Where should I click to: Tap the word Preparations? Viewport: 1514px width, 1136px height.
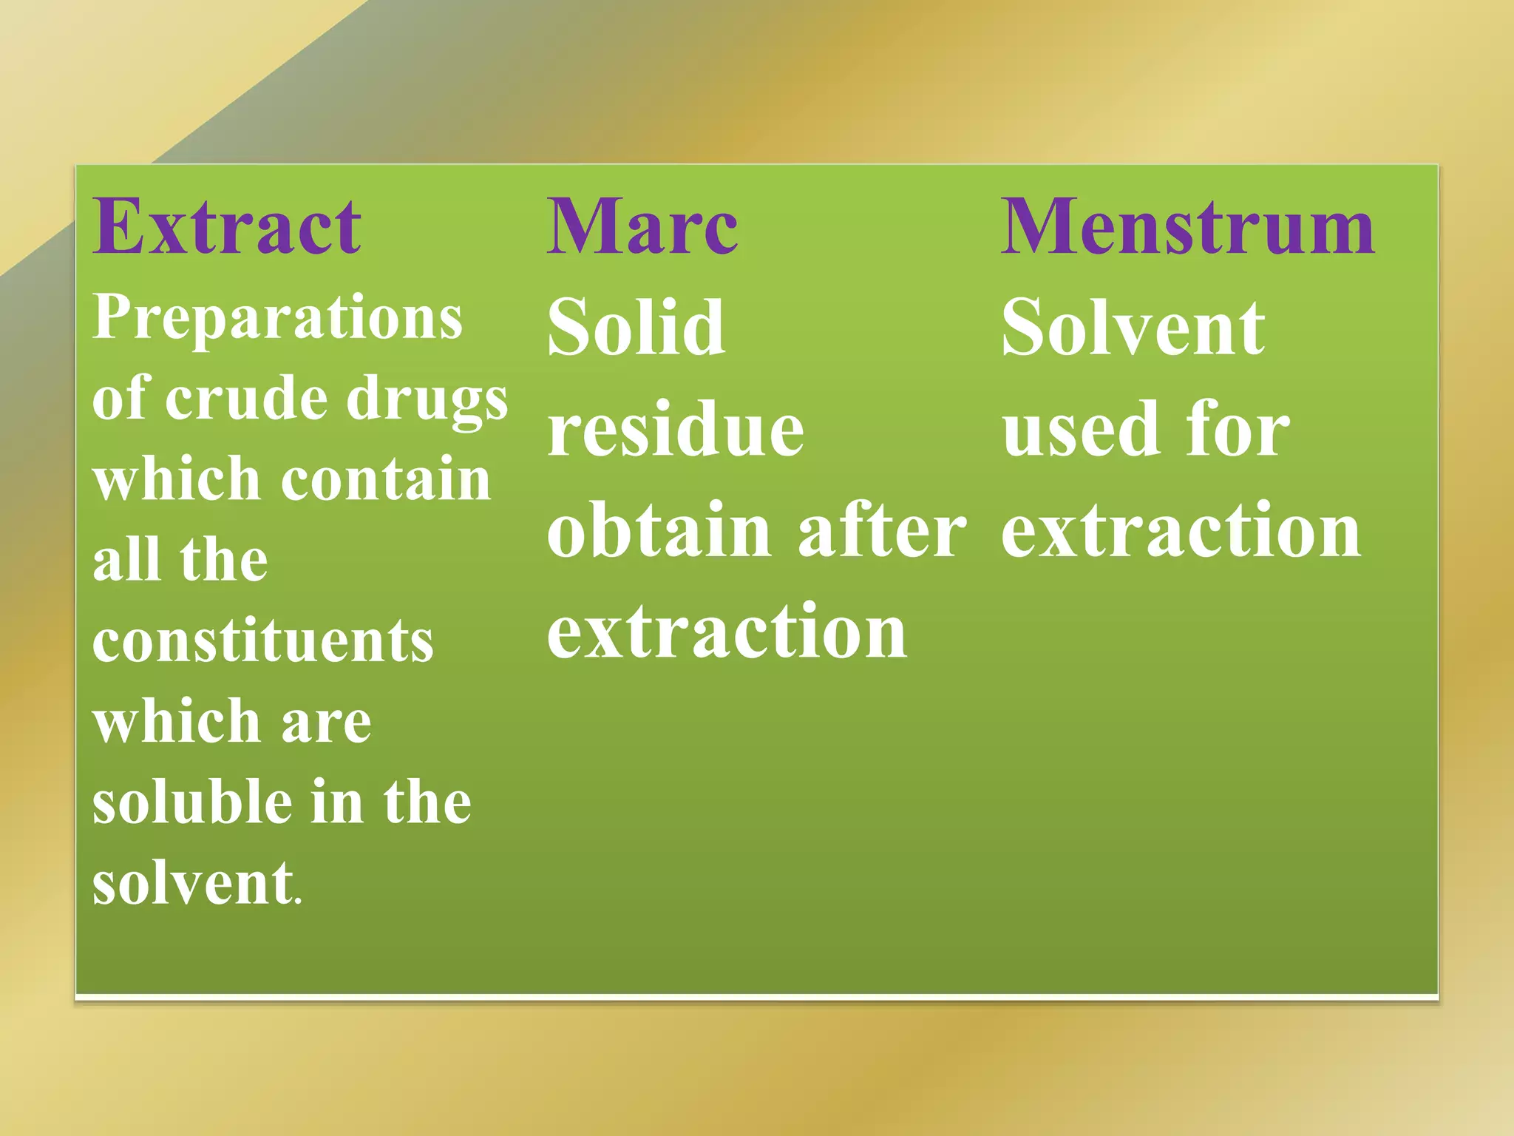click(x=277, y=318)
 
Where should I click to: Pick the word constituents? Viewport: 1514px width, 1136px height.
click(x=262, y=641)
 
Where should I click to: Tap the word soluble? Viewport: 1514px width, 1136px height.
click(x=192, y=802)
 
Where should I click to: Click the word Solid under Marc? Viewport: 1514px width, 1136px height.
click(x=636, y=327)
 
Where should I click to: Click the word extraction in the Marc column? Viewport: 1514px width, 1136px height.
click(x=726, y=632)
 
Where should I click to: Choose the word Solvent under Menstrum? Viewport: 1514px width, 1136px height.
click(x=1133, y=327)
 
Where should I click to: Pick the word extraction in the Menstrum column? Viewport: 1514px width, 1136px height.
click(x=1180, y=530)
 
